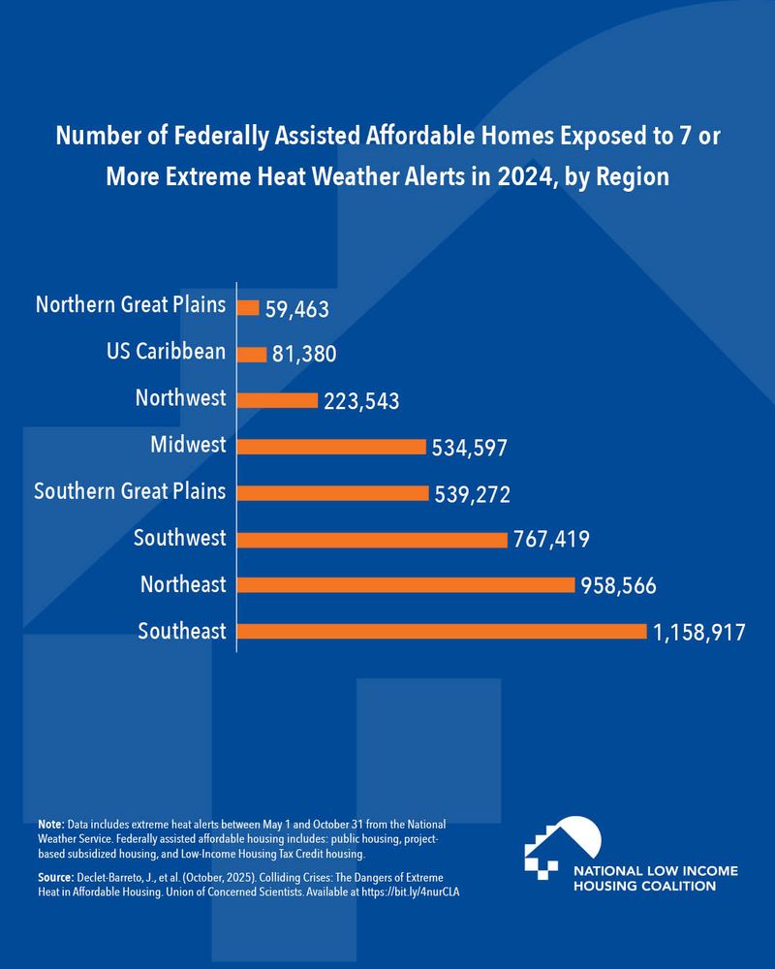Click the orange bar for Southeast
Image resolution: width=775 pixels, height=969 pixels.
[x=442, y=631]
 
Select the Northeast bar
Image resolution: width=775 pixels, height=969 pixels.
[x=406, y=584]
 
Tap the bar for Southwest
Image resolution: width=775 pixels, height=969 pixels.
[x=372, y=539]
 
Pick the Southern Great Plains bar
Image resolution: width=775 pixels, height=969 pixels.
[x=332, y=492]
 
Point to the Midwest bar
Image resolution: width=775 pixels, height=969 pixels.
[x=331, y=447]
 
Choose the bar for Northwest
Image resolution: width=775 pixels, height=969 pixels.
[x=277, y=400]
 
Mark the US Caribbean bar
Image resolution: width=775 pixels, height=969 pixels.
[x=252, y=355]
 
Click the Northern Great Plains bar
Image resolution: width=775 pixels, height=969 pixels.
[x=248, y=308]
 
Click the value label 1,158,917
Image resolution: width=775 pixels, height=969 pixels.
[x=698, y=634]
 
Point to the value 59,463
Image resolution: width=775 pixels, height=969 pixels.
[x=297, y=310]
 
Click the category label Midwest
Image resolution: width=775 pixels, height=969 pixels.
[x=188, y=446]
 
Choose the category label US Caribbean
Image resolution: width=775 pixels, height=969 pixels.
[x=167, y=353]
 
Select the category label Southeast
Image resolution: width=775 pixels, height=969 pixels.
[x=181, y=632]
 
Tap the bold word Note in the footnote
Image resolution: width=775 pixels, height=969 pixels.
[x=49, y=822]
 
